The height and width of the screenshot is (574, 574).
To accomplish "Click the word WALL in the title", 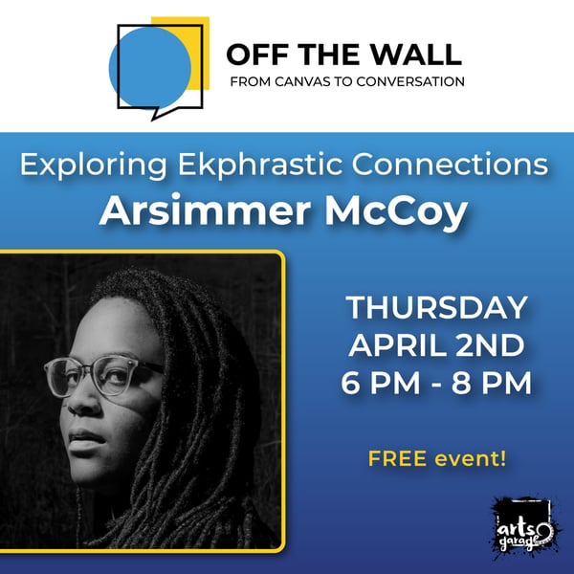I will [x=418, y=54].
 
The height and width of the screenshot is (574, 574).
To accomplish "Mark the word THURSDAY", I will [x=436, y=308].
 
